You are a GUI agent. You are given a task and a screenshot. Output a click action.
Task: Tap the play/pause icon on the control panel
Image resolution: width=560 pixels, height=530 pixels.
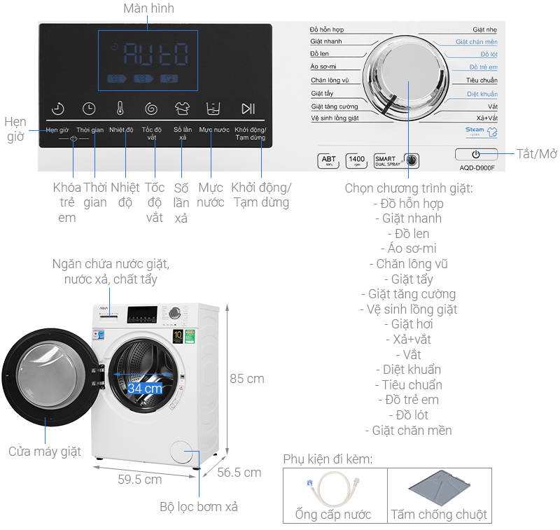[x=248, y=109]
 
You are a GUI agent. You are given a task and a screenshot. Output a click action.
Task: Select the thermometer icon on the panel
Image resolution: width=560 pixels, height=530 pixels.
[x=120, y=109]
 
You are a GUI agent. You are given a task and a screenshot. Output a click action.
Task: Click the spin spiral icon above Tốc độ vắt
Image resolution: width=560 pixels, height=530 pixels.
[x=151, y=109]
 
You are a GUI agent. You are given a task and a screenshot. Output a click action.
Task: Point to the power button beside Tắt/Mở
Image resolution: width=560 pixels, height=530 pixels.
[x=476, y=154]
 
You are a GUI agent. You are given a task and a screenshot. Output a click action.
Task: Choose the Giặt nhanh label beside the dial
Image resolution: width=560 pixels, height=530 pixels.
[x=326, y=42]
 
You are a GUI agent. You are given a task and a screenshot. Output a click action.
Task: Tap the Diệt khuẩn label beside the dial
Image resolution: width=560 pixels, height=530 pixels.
[x=482, y=94]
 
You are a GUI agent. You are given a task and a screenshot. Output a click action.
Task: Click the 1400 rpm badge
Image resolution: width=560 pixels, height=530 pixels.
[x=356, y=161]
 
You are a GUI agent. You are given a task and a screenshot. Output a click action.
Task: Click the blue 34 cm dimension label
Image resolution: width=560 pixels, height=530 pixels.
[x=145, y=387]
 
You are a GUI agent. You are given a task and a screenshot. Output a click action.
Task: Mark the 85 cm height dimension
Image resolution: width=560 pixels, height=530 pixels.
[x=247, y=379]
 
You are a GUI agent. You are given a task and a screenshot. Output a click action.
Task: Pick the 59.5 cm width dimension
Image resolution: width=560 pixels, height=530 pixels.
[x=140, y=480]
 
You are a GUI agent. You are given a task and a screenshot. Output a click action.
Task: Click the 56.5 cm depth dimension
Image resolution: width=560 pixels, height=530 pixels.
[x=239, y=473]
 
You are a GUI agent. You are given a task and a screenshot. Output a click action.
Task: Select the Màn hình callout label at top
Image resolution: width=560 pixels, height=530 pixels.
[x=148, y=8]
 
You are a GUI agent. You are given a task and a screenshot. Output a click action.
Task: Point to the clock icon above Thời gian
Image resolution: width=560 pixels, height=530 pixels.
[x=89, y=109]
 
